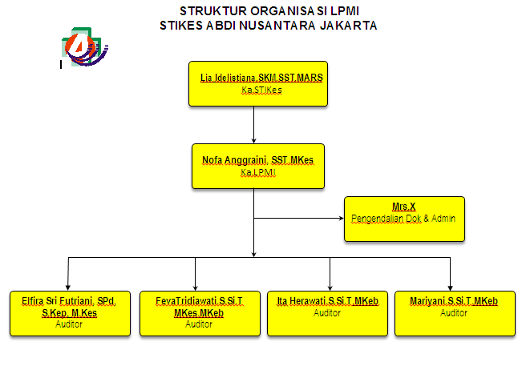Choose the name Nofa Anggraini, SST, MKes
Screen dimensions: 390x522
click(x=257, y=161)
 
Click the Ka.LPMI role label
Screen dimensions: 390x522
click(x=257, y=172)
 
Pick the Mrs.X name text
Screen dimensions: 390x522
click(x=403, y=207)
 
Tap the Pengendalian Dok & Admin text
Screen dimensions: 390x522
click(x=403, y=218)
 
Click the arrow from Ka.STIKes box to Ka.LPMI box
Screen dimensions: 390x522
click(x=253, y=125)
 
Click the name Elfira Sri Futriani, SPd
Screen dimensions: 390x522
click(x=69, y=302)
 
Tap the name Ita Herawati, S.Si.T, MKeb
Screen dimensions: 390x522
click(x=327, y=301)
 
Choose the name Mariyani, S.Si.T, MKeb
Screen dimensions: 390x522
click(x=454, y=301)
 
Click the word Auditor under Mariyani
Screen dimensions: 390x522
click(x=454, y=312)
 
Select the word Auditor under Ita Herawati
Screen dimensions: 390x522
click(x=327, y=312)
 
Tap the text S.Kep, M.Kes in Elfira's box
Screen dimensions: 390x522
click(x=69, y=313)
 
